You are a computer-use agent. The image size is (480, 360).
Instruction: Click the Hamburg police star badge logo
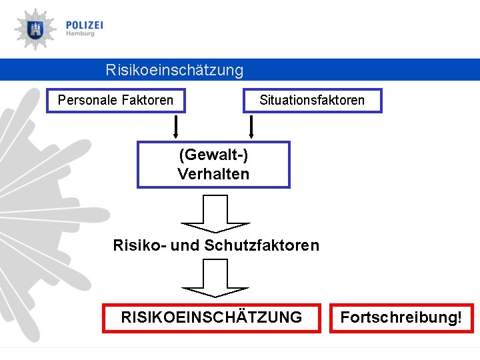click(35, 29)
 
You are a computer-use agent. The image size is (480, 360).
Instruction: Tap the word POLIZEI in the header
click(85, 25)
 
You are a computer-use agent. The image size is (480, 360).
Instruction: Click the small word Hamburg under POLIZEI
click(80, 34)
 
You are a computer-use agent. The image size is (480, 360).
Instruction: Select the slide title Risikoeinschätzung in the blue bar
click(175, 70)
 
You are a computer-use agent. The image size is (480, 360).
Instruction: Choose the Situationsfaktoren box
click(312, 101)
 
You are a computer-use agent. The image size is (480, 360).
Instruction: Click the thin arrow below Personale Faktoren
click(176, 125)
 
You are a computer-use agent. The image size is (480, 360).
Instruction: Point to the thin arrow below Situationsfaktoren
click(251, 125)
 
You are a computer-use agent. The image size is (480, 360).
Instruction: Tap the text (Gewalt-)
click(213, 155)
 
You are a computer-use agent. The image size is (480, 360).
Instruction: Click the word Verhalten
click(213, 174)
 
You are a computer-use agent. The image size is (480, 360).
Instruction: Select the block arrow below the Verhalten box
click(215, 213)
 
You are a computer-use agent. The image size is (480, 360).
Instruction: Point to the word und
click(185, 245)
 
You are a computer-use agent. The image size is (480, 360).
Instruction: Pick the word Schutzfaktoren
click(262, 245)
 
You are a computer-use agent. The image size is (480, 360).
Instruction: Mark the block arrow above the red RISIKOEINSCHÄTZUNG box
click(215, 277)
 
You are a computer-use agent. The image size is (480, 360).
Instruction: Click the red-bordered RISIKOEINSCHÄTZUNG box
click(211, 317)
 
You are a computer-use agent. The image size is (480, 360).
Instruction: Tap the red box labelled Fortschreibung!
click(401, 317)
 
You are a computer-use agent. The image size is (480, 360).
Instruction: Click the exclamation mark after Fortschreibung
click(459, 317)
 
